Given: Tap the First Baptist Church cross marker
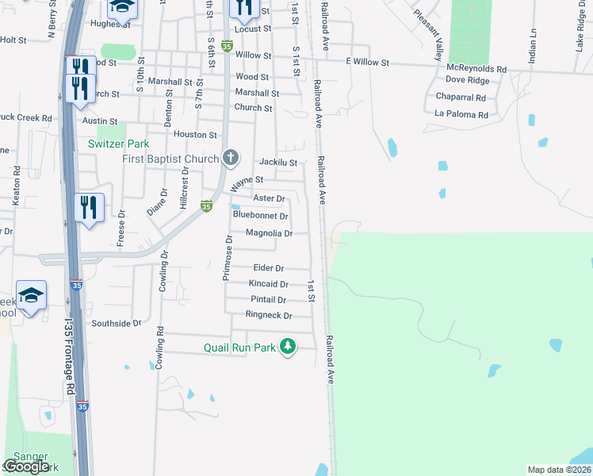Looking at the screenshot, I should tap(231, 157).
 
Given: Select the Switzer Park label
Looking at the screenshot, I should tap(118, 144).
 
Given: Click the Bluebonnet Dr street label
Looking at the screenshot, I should tap(260, 215).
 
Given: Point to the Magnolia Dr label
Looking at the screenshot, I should tap(270, 233).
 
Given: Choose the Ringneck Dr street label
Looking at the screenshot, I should tap(269, 316).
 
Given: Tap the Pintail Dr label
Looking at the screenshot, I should tap(268, 300).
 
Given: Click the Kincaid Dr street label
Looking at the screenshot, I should tap(269, 284).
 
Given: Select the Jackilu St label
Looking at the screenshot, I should tap(277, 163).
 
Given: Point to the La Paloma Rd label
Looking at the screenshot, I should tap(461, 115).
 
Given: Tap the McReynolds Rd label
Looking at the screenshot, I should tap(476, 69).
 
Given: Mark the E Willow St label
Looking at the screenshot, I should tap(368, 62).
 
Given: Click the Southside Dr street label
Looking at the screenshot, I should tap(116, 324).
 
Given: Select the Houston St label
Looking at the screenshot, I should tap(195, 136).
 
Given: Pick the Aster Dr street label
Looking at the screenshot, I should tap(269, 198).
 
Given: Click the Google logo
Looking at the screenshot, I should tap(28, 466).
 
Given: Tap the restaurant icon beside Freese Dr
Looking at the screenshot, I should tap(89, 208).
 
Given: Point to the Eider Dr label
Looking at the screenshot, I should tap(269, 268).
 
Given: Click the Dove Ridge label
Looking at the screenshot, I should tap(467, 80).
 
